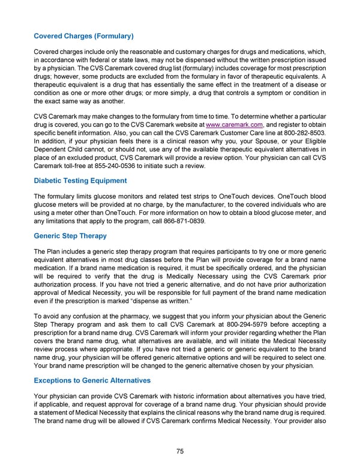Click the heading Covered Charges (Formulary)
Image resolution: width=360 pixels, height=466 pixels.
83,36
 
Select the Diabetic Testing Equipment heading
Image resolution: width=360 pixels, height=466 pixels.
80,180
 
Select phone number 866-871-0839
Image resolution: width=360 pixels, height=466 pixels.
180,220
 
